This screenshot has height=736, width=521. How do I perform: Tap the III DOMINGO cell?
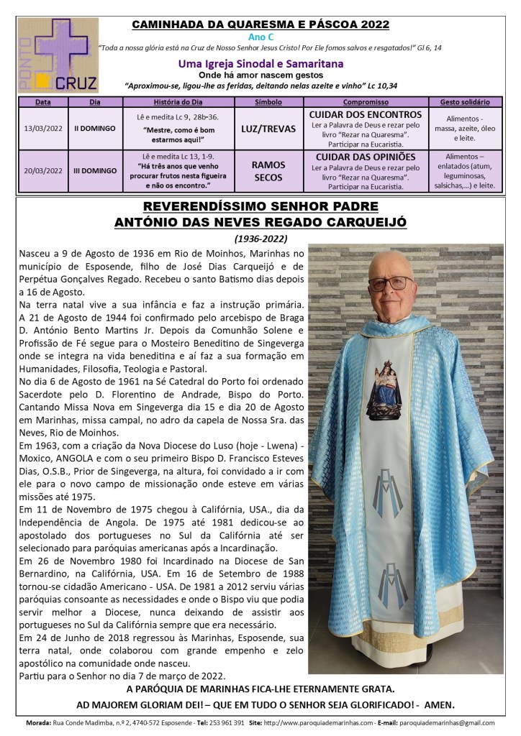pyautogui.click(x=95, y=170)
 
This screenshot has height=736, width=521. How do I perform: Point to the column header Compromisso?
pyautogui.click(x=365, y=102)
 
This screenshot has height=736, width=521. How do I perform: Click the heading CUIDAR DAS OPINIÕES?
pyautogui.click(x=365, y=157)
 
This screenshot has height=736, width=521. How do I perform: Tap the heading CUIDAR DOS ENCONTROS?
pyautogui.click(x=365, y=114)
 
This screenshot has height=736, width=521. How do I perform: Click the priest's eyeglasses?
pyautogui.click(x=391, y=282)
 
